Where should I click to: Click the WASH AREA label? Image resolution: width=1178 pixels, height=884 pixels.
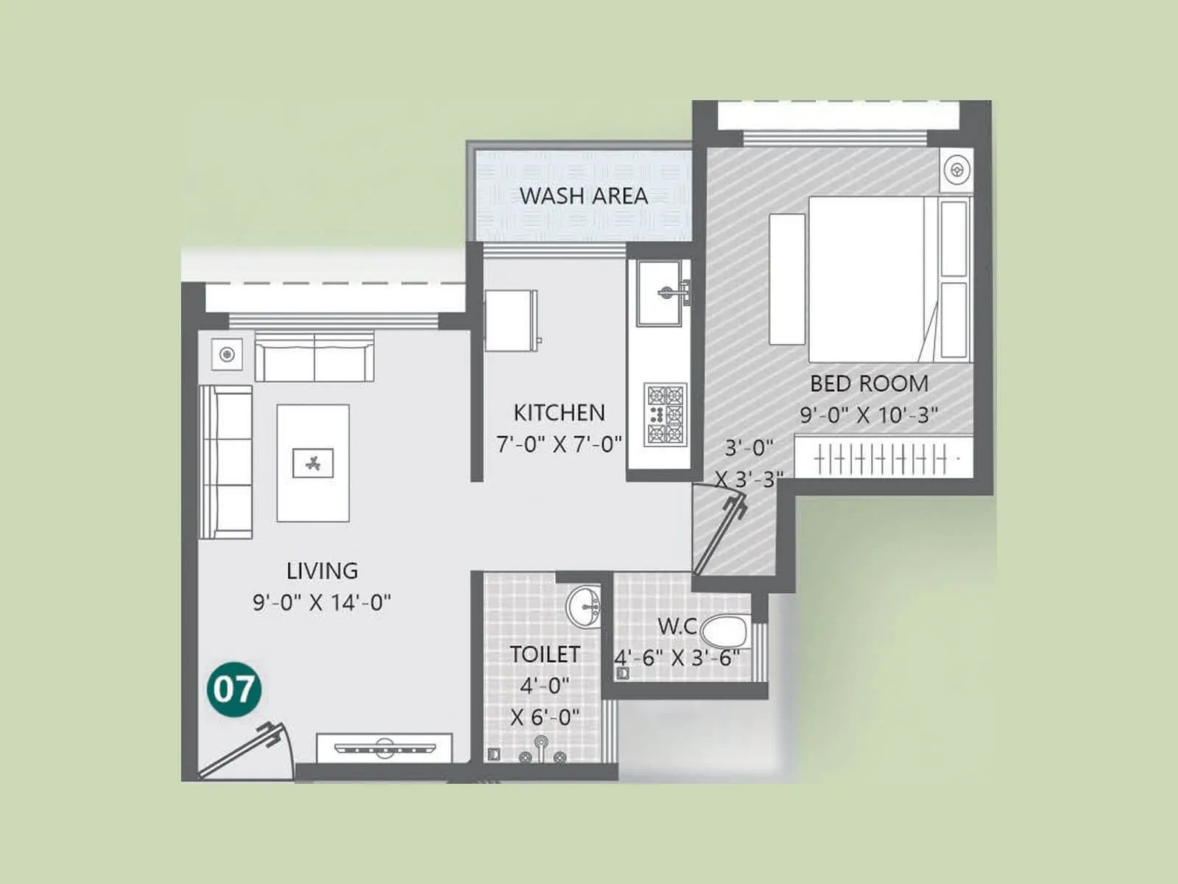pyautogui.click(x=583, y=196)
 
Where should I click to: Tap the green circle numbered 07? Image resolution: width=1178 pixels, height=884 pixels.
pyautogui.click(x=234, y=690)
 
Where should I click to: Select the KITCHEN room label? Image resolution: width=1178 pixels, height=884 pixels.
pyautogui.click(x=559, y=413)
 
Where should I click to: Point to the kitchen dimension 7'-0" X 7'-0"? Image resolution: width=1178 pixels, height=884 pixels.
pyautogui.click(x=559, y=445)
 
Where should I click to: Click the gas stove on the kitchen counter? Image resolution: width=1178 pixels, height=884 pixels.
pyautogui.click(x=665, y=414)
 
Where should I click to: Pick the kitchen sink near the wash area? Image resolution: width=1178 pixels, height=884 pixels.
pyautogui.click(x=660, y=293)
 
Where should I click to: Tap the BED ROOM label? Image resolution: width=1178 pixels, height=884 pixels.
pyautogui.click(x=869, y=384)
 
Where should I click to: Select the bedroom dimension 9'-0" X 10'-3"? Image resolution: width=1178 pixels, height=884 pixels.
pyautogui.click(x=869, y=415)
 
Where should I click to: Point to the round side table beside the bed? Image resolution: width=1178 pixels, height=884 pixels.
pyautogui.click(x=957, y=170)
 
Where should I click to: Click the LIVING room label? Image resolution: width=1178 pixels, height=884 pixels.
pyautogui.click(x=322, y=571)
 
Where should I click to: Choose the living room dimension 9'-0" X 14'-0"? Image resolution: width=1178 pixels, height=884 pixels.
pyautogui.click(x=322, y=603)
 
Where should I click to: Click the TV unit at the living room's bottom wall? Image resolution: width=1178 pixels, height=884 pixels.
pyautogui.click(x=384, y=748)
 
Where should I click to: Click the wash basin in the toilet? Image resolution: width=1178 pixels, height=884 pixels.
pyautogui.click(x=584, y=608)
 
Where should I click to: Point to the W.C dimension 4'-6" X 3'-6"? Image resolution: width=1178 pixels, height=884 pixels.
pyautogui.click(x=677, y=657)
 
